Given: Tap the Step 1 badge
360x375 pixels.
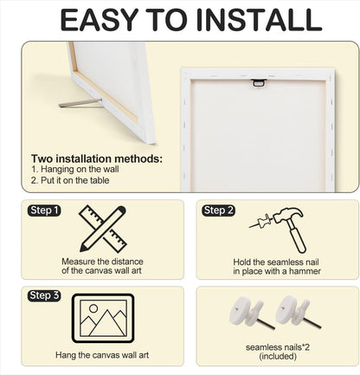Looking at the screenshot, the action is click(44, 210).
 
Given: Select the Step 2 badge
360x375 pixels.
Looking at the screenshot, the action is click(218, 210).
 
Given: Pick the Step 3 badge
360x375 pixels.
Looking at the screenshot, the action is click(44, 295).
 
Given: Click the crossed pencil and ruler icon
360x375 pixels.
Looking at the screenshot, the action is click(102, 229).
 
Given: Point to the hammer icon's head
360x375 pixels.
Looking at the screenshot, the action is click(288, 215).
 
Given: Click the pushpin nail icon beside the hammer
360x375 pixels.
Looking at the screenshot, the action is click(260, 222).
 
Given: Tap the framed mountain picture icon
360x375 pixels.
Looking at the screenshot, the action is click(103, 318).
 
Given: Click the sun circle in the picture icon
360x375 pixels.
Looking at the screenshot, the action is click(93, 308).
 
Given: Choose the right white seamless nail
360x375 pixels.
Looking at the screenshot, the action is click(297, 312).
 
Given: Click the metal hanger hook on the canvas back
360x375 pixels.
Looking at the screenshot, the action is click(259, 82).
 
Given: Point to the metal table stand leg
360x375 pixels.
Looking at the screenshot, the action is click(80, 103).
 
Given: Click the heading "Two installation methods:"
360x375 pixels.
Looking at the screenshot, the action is click(97, 158).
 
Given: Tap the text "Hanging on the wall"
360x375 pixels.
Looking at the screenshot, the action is click(80, 169).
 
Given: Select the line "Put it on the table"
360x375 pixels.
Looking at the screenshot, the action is click(75, 180).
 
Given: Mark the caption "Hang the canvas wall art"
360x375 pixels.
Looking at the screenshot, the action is click(102, 355).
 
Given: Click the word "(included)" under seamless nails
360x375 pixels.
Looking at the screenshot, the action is click(278, 357).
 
